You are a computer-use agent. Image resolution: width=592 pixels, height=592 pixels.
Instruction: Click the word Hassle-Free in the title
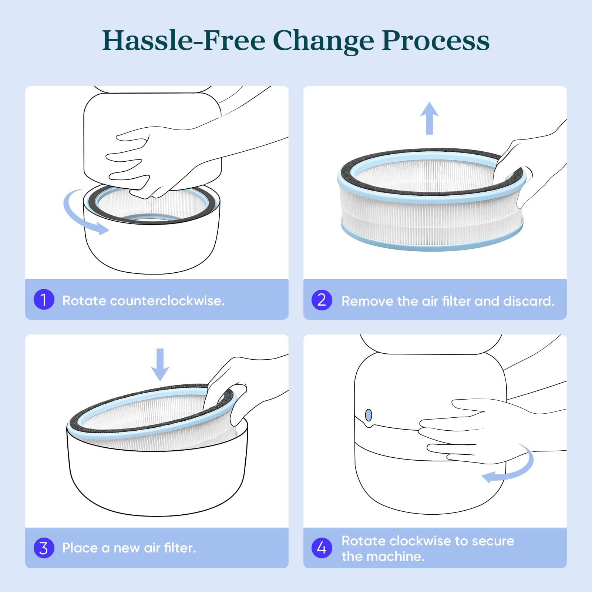(x=184, y=40)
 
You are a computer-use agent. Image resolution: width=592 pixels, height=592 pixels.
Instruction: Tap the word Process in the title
(x=435, y=40)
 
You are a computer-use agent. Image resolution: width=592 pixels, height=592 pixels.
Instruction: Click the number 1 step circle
(x=44, y=300)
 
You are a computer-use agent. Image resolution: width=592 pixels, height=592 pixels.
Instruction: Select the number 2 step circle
(x=322, y=300)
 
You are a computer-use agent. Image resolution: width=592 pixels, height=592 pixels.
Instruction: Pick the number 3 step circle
(x=44, y=548)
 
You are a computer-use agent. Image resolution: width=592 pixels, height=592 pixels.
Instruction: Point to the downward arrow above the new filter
(x=160, y=365)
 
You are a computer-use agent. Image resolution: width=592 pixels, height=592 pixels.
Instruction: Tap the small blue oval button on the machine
(x=369, y=415)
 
